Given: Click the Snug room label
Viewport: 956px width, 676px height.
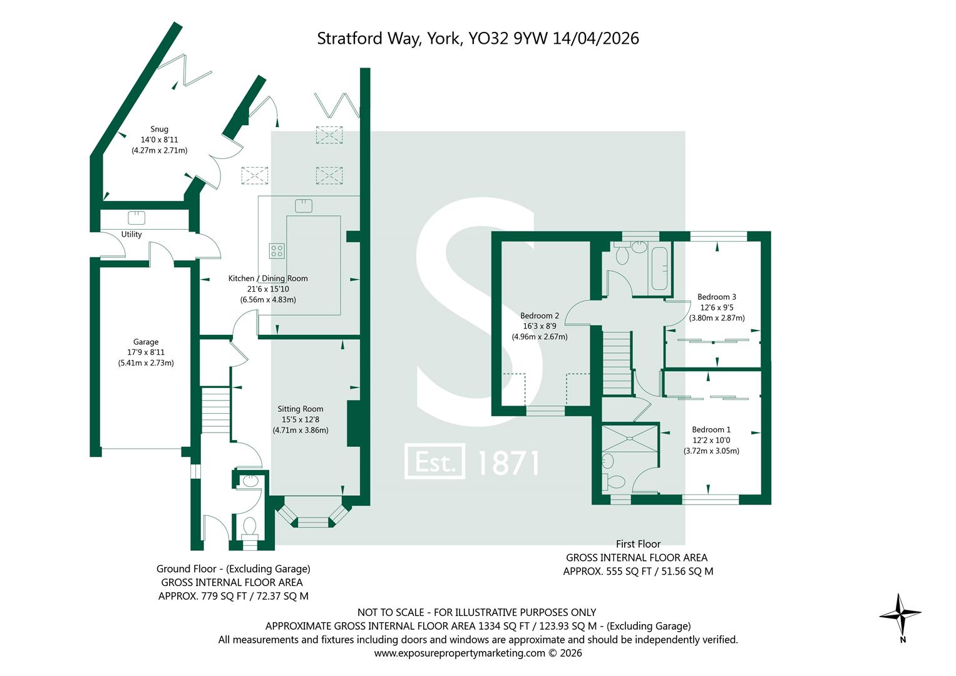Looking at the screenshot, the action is [159, 130].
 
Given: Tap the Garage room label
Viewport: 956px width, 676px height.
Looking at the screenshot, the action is [145, 342].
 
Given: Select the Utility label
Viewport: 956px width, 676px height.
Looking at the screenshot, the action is [131, 234].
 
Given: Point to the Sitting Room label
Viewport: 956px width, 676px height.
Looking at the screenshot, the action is [301, 409].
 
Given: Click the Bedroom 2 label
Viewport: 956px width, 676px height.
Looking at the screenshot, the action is [540, 316].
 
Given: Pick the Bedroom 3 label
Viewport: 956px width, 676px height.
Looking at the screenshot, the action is [717, 297].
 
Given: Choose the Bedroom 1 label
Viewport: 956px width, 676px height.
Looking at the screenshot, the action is [711, 430].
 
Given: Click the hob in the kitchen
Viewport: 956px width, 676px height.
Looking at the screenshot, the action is [277, 251].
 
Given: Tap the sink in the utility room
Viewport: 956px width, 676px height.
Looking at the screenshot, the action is [136, 218].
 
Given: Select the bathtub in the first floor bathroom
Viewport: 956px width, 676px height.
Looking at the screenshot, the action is [659, 269].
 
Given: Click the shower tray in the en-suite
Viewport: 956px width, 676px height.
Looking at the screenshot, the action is [630, 438].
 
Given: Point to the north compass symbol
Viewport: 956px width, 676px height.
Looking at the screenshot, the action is [900, 615].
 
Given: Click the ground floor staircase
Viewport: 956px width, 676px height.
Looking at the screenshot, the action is [215, 410].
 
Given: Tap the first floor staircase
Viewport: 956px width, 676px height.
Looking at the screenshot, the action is [617, 363].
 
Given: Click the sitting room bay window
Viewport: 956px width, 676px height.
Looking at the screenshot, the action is [312, 514].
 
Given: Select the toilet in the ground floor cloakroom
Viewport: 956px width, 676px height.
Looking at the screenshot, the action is [249, 528].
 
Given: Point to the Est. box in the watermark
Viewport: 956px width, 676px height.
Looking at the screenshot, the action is [434, 461].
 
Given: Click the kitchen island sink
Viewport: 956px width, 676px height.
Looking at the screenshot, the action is [304, 206].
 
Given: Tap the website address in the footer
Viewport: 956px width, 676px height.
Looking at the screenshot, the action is [460, 653].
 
